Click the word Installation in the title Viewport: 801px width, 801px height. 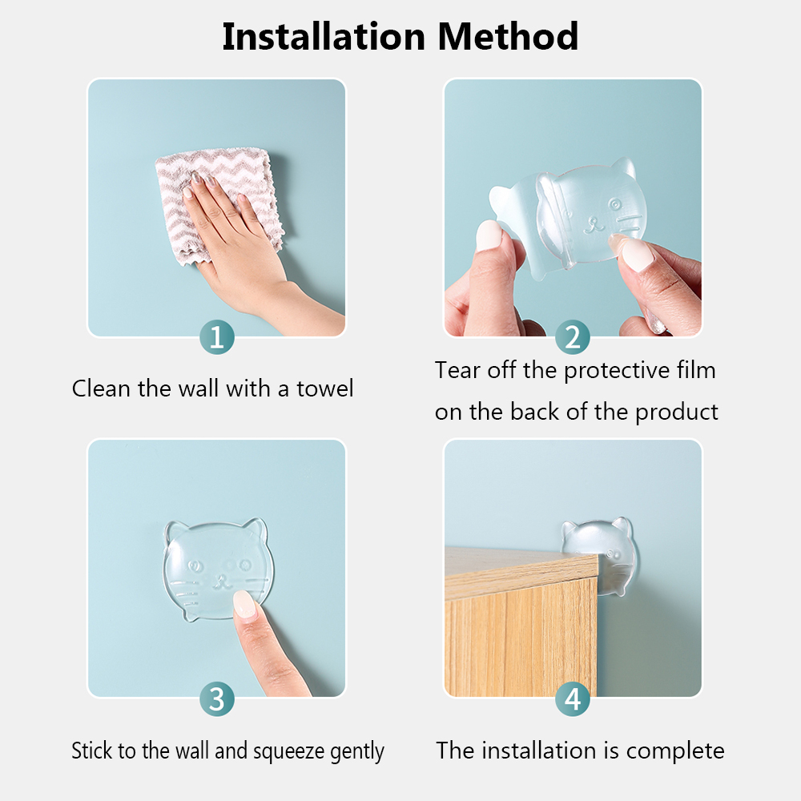324,37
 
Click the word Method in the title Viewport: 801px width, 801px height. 508,37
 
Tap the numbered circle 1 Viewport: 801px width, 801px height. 216,337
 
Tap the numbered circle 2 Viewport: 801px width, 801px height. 573,337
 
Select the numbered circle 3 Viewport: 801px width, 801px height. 216,698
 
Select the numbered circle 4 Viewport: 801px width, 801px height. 573,698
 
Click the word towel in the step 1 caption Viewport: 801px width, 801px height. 325,388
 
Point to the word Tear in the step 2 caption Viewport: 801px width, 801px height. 457,370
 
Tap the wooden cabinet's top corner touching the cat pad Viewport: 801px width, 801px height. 598,557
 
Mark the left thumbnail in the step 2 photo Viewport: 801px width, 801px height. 489,235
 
